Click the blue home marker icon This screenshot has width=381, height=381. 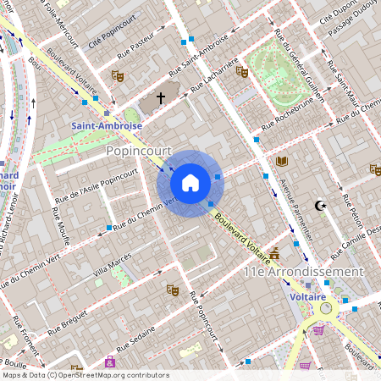(x=190, y=182)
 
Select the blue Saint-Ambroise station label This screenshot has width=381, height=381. (x=106, y=125)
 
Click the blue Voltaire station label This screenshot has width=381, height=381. (x=308, y=297)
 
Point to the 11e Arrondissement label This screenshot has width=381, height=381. (x=303, y=272)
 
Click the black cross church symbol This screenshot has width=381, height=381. (x=161, y=98)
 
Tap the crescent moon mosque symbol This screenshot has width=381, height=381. (x=320, y=205)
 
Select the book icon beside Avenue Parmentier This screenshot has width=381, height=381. (x=281, y=161)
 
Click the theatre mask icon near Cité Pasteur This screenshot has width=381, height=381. (x=118, y=76)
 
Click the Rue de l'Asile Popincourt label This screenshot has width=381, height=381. (x=96, y=185)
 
